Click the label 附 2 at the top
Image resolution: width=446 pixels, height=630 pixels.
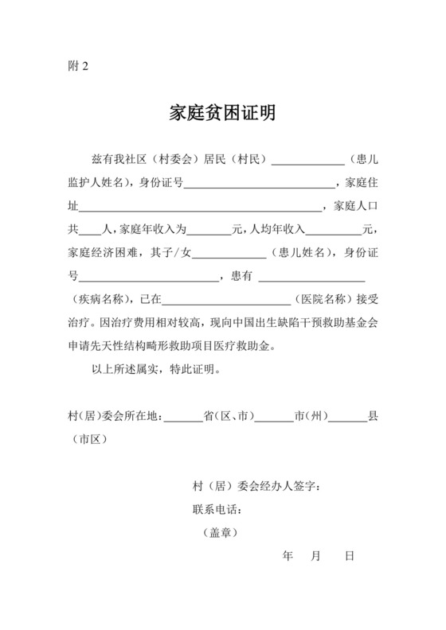coord(78,67)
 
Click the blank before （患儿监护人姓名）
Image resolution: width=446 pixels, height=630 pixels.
coord(307,160)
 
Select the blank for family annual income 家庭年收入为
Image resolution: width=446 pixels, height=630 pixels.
coord(208,231)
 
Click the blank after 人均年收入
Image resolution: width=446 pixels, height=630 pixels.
coord(333,231)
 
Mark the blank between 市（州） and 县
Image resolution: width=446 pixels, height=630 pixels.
coord(347,416)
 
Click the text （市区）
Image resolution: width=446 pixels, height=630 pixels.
coord(89,439)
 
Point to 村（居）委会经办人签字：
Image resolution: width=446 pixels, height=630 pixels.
coord(257,486)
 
